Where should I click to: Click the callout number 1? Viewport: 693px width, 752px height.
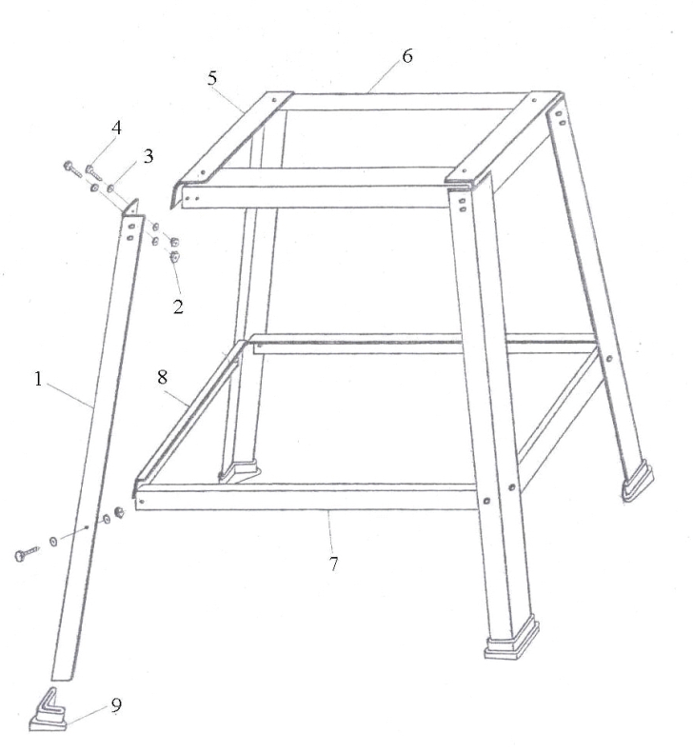click(x=38, y=380)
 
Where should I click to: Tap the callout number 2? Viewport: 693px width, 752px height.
click(x=178, y=307)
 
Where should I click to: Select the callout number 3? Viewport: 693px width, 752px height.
click(x=148, y=156)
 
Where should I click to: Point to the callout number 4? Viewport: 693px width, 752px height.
click(x=116, y=129)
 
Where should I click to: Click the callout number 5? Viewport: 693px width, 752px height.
click(x=212, y=78)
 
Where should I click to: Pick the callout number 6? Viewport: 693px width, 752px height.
click(x=406, y=56)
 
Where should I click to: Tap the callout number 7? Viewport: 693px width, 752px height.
click(x=334, y=564)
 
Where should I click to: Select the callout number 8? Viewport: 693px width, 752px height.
click(x=163, y=378)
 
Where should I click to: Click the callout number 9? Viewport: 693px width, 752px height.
click(x=116, y=705)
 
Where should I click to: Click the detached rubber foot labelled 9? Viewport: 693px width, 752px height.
click(x=48, y=712)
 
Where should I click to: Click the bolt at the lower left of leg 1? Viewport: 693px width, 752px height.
click(x=27, y=554)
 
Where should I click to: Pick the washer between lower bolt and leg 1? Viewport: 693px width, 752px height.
click(x=53, y=542)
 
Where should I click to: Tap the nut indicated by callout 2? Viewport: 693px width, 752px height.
click(x=174, y=257)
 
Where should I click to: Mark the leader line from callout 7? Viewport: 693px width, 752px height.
click(x=330, y=532)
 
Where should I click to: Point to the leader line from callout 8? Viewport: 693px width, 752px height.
click(x=177, y=399)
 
